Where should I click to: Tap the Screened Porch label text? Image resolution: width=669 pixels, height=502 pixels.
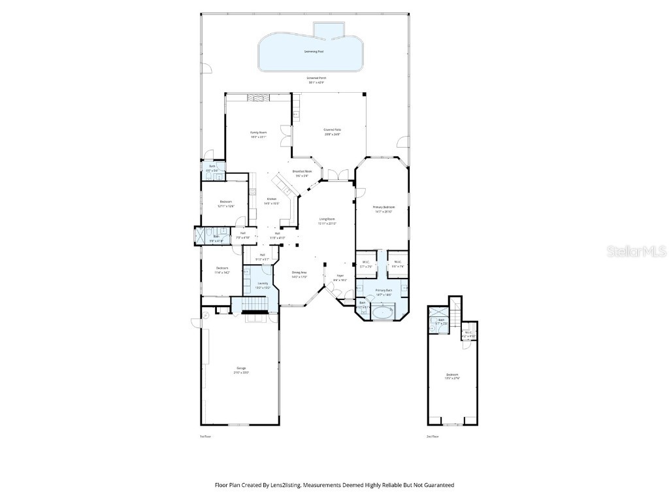pos(316,78)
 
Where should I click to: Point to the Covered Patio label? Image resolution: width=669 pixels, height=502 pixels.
pos(332,130)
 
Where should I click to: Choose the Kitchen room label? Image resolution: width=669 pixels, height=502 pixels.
pos(271,199)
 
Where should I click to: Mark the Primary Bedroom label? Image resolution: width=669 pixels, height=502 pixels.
pos(383,207)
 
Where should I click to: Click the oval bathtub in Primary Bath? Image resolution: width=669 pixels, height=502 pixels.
pos(382,313)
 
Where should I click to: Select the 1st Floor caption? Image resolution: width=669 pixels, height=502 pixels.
pos(205,436)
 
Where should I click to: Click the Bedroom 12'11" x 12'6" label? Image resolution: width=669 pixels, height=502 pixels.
pos(225,203)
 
